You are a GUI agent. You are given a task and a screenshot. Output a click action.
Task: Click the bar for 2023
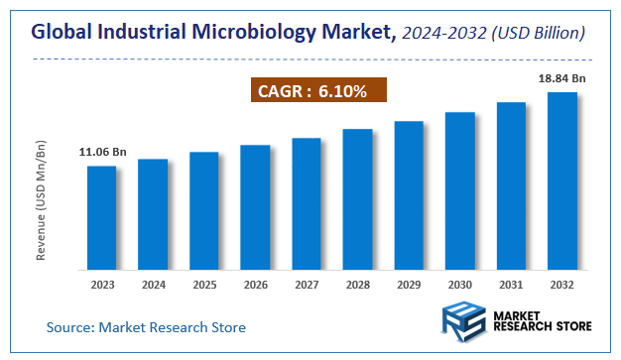tap(101, 217)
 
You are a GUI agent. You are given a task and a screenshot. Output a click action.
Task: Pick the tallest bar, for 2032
tap(562, 180)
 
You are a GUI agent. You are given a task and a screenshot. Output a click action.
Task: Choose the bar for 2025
tap(203, 210)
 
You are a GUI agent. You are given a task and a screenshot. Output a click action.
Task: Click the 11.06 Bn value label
tap(102, 152)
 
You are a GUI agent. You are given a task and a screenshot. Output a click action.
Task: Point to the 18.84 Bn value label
tap(562, 78)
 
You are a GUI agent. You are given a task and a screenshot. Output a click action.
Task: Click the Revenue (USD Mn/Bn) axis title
tap(42, 202)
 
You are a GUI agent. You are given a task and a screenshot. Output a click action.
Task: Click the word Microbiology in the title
tap(260, 34)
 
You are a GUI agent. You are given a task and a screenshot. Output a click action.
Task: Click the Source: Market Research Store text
tap(146, 326)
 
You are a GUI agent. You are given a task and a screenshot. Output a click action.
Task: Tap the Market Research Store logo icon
tap(461, 324)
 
